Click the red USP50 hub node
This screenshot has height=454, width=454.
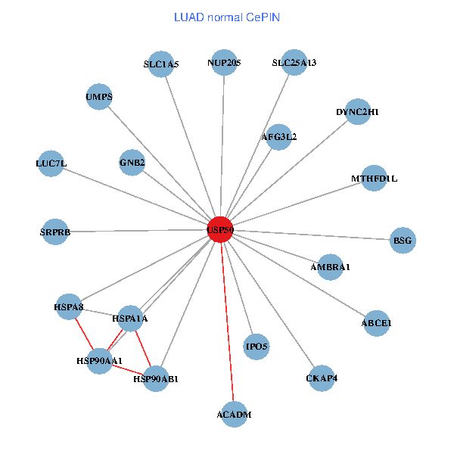220,229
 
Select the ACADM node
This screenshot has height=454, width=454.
235,415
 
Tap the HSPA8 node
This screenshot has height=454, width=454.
69,307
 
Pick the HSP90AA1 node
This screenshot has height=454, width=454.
100,360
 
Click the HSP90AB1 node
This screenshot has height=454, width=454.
155,378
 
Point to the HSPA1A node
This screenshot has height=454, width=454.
129,319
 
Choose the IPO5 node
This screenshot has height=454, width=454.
257,347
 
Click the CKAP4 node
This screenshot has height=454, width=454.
322,378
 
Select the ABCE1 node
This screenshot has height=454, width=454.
377,323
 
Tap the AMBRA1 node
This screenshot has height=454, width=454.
331,267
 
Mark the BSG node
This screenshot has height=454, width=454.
403,241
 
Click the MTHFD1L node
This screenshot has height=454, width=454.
374,179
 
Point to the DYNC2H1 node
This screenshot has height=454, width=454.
357,112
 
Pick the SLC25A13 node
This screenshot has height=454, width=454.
294,63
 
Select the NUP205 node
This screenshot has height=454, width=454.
223,63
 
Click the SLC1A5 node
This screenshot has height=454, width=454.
161,64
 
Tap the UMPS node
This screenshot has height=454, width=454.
99,97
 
